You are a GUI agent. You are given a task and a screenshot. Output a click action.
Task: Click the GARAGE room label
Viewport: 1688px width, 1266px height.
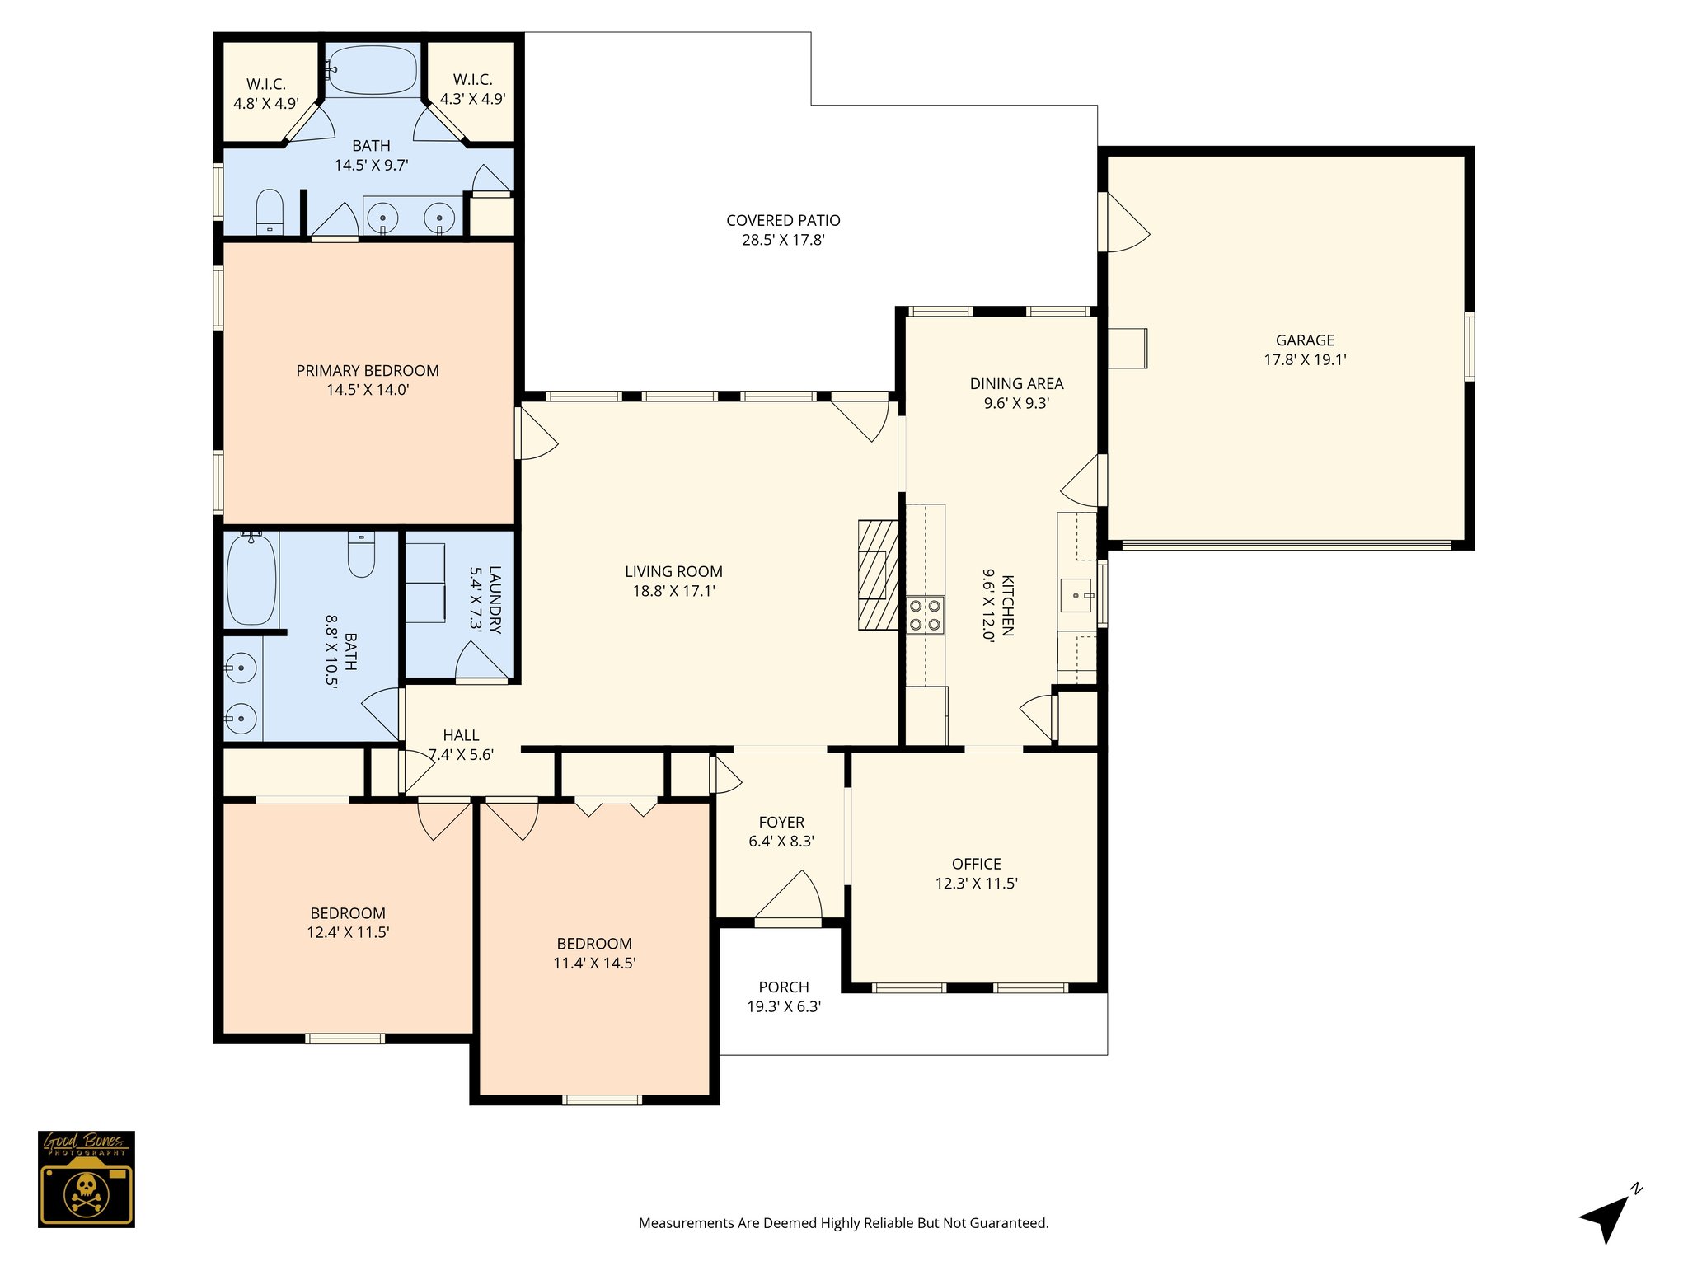point(1305,340)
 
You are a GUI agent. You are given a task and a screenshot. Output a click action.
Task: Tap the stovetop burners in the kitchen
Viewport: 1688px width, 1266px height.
point(925,615)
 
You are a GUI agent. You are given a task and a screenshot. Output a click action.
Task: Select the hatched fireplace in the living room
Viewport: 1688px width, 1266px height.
point(878,574)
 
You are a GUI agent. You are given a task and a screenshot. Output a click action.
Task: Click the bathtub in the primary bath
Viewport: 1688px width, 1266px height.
point(372,70)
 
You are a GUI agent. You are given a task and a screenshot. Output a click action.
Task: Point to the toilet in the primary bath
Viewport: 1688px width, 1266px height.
point(270,212)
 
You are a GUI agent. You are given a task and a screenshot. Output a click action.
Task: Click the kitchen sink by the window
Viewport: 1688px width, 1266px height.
point(1076,595)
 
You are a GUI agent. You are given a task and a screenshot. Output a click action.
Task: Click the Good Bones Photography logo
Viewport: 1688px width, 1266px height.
point(86,1179)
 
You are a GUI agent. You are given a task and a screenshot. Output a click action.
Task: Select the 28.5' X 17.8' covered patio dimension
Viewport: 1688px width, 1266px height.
point(783,241)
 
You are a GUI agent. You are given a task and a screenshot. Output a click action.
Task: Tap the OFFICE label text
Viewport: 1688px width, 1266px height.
point(976,864)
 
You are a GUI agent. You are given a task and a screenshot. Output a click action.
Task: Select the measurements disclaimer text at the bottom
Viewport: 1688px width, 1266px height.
point(843,1223)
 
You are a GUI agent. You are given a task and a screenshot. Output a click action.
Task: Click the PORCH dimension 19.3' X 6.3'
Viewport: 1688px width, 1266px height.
point(783,1006)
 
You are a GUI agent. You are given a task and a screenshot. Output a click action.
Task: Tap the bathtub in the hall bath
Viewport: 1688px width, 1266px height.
point(251,579)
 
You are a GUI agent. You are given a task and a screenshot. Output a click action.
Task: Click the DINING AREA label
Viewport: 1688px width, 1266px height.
point(1016,383)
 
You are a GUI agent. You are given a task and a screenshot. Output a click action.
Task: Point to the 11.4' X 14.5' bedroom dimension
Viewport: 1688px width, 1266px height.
point(593,963)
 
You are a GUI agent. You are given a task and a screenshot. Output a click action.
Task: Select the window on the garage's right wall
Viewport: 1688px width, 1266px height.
point(1469,346)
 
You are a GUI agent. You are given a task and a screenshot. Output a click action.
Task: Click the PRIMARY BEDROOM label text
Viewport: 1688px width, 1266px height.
point(368,371)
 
